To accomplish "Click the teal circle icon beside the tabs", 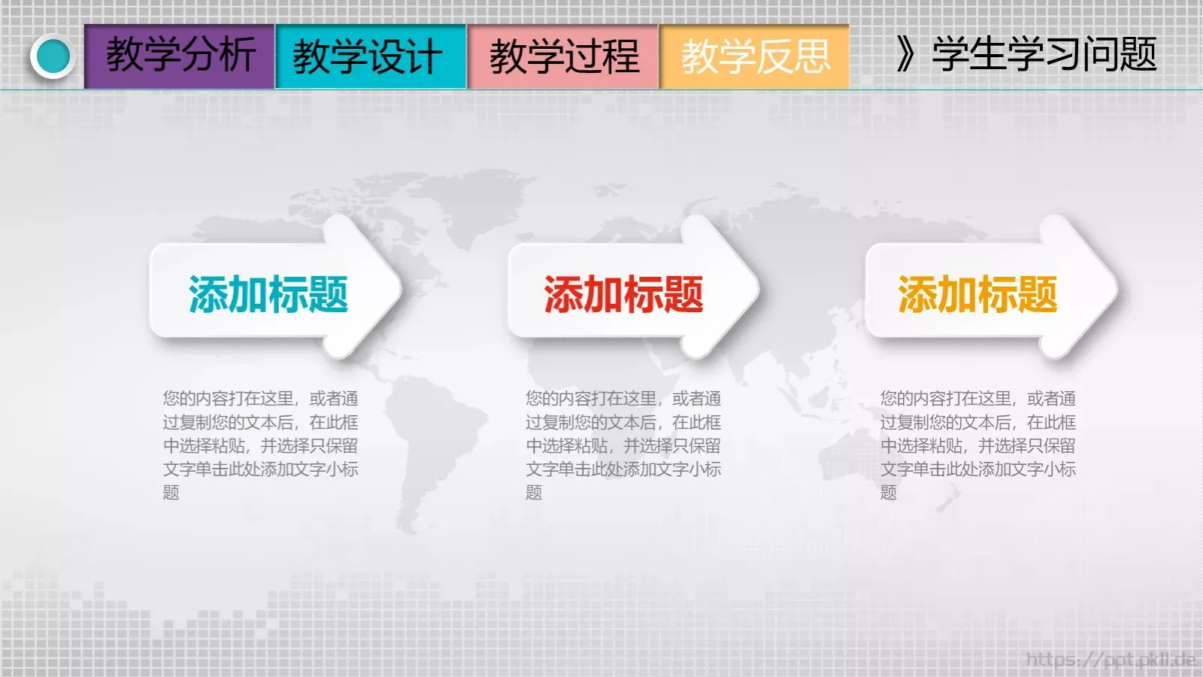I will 53,56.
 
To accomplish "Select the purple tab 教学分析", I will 180,56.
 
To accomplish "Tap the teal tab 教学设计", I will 371,56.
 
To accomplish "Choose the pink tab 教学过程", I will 563,56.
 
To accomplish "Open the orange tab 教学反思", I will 755,56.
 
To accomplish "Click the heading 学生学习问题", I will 1044,54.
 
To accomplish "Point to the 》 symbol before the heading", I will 905,54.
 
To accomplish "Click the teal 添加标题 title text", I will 268,294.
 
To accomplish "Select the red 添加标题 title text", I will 623,294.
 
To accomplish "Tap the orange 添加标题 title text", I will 977,294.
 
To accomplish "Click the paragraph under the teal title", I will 260,445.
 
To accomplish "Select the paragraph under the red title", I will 623,445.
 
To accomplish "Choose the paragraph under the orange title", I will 977,445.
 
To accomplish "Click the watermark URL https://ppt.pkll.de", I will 1111,660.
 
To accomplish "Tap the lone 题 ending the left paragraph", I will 171,493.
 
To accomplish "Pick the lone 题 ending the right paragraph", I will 889,493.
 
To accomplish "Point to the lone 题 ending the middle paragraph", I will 534,493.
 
